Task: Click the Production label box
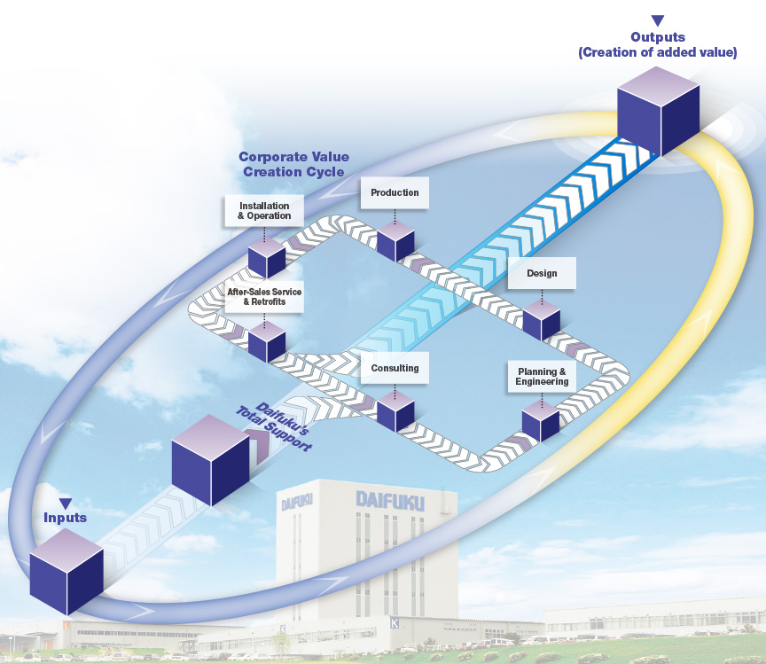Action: pyautogui.click(x=395, y=192)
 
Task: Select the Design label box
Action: pyautogui.click(x=542, y=273)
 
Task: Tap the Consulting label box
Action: pyautogui.click(x=395, y=368)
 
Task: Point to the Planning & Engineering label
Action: pyautogui.click(x=542, y=376)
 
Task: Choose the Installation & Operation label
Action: pyautogui.click(x=264, y=211)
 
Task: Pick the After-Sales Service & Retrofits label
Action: pyautogui.click(x=264, y=297)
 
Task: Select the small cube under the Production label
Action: pyautogui.click(x=395, y=240)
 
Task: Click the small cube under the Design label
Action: pyautogui.click(x=542, y=320)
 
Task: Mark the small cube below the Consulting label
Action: pyautogui.click(x=395, y=410)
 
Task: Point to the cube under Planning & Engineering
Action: pyautogui.click(x=541, y=421)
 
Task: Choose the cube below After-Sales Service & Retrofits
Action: pyautogui.click(x=266, y=341)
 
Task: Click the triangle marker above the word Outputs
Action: pyautogui.click(x=657, y=20)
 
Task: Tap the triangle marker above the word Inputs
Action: pyautogui.click(x=66, y=504)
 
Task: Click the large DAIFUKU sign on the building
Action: pyautogui.click(x=390, y=500)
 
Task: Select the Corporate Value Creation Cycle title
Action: pyautogui.click(x=293, y=164)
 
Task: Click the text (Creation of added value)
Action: pyautogui.click(x=657, y=52)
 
